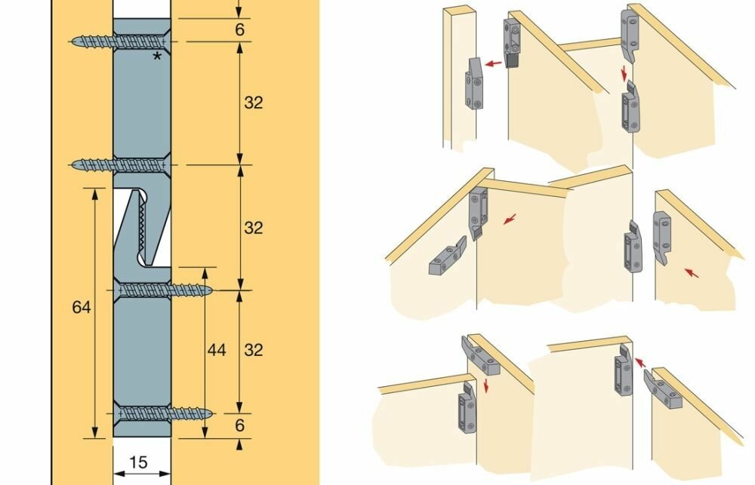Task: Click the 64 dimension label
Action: coord(82,307)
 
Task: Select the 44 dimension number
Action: coord(217,350)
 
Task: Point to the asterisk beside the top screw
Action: coord(157,57)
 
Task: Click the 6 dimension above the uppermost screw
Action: coord(239,29)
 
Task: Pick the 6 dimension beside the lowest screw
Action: coord(239,425)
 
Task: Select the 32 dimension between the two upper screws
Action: coord(253,103)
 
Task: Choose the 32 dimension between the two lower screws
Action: coord(253,350)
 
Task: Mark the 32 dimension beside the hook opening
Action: coord(253,227)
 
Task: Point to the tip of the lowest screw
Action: coord(211,413)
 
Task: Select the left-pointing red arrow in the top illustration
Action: coord(495,65)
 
